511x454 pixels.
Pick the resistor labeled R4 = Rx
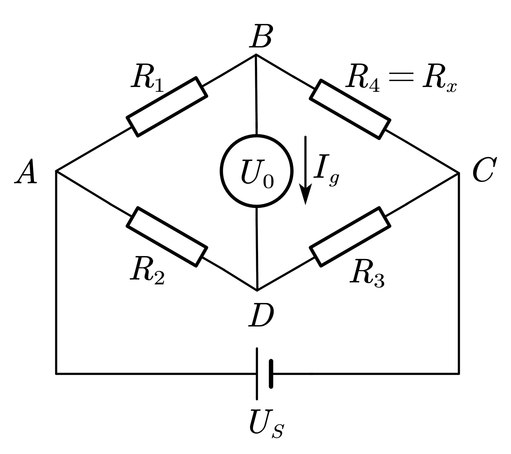(x=350, y=109)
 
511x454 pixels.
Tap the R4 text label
(x=362, y=78)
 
